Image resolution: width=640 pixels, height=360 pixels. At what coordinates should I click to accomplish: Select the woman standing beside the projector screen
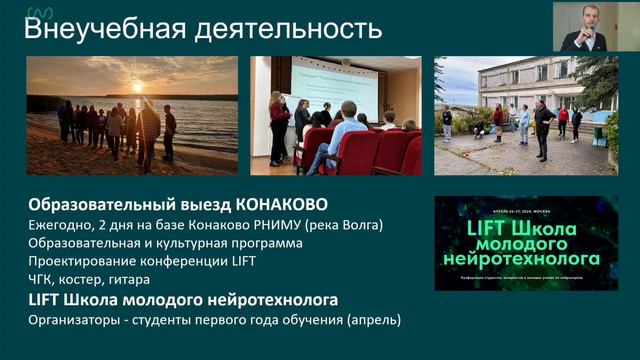[278, 125]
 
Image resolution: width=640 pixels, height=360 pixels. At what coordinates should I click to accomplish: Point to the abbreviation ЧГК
[44, 280]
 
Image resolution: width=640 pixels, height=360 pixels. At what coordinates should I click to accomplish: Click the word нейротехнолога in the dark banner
[525, 259]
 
